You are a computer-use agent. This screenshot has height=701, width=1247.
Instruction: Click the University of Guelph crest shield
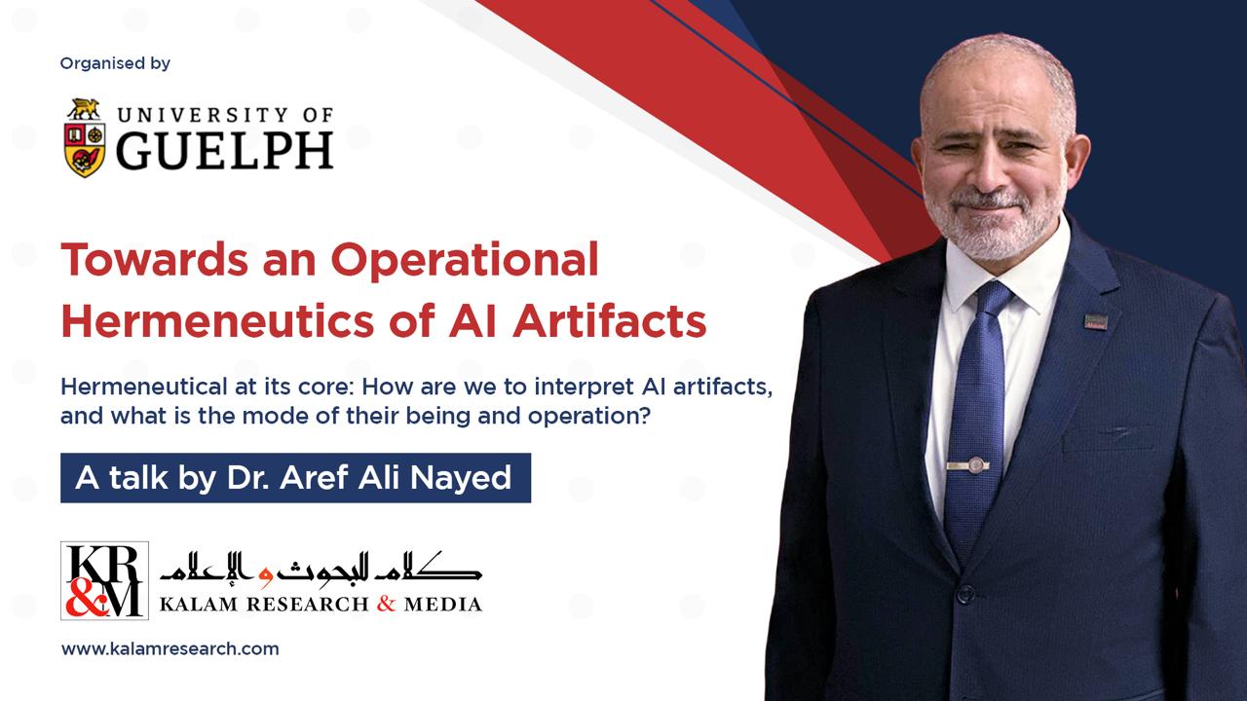coord(85,146)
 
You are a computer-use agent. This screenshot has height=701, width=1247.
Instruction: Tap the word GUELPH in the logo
coord(226,150)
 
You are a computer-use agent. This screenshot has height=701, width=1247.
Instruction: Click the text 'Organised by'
coord(115,63)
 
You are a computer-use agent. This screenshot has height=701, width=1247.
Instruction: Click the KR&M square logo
coord(104,580)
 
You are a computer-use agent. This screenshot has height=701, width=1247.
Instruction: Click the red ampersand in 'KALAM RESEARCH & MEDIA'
coord(387,604)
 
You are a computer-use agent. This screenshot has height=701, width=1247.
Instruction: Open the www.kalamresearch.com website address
coord(170,648)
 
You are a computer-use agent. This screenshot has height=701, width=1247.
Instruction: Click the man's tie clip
coord(967,466)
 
